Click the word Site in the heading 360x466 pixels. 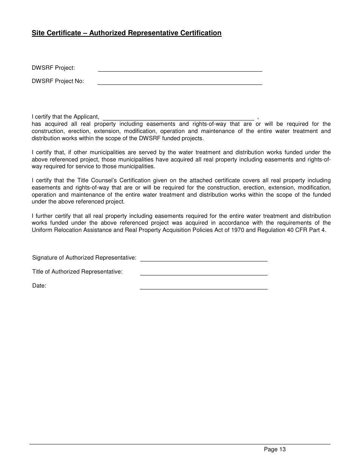coord(38,33)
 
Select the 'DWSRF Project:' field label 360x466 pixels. coord(53,68)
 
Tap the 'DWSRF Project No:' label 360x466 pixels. coord(58,81)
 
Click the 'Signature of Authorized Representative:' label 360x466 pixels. coord(84,258)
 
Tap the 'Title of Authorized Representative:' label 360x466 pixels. coord(77,272)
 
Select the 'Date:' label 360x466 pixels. coord(39,286)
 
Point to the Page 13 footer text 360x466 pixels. coord(275,450)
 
